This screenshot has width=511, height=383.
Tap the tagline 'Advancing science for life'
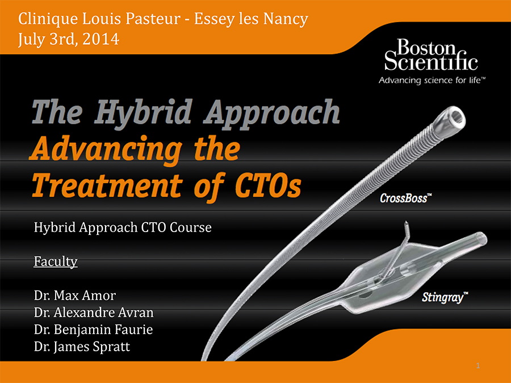click(432, 81)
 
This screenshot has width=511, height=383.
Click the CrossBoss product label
click(406, 198)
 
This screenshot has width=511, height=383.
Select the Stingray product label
click(445, 297)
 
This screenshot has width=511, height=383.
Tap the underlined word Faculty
click(56, 262)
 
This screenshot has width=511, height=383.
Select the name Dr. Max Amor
click(74, 296)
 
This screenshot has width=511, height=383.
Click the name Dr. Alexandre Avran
click(94, 312)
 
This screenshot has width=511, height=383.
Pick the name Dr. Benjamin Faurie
click(93, 329)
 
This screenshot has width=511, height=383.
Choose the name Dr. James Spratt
click(82, 347)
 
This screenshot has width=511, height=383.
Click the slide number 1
click(478, 366)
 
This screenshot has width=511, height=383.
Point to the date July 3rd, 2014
click(69, 39)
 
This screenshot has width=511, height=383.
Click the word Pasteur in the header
click(153, 19)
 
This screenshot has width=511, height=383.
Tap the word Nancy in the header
click(286, 19)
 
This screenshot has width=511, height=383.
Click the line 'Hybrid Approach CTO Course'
click(123, 228)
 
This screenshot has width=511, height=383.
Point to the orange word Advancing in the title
click(106, 149)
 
